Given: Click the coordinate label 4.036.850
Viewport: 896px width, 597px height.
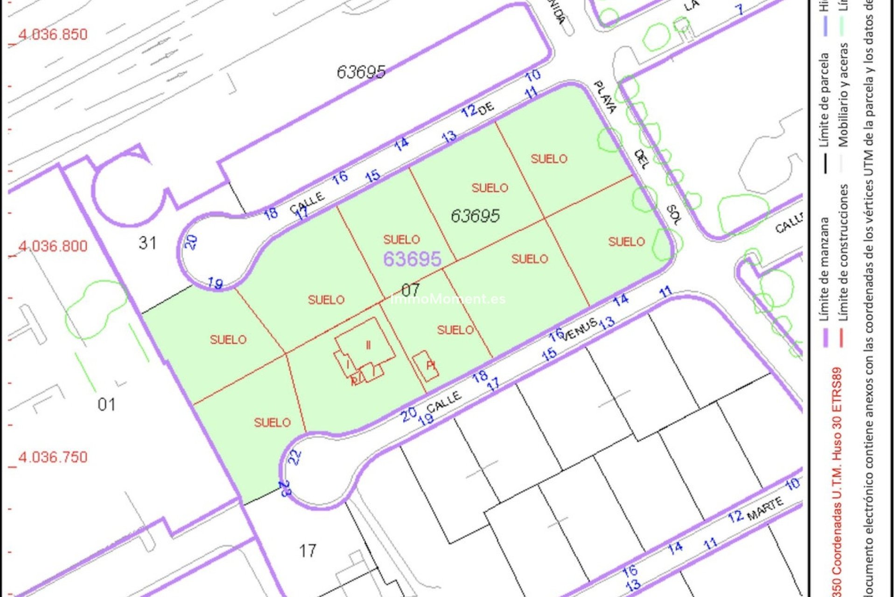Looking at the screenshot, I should click(x=53, y=35).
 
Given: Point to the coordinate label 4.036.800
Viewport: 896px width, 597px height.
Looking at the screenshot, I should click(x=53, y=246).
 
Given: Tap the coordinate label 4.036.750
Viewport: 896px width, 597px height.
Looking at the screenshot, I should click(x=53, y=457).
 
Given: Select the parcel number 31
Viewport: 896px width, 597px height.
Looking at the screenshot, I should click(x=147, y=243).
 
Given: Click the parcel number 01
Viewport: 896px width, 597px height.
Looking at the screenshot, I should click(x=107, y=404).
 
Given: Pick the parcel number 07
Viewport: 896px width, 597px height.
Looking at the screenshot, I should click(x=410, y=290).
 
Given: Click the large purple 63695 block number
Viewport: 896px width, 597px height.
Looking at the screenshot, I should click(x=412, y=259).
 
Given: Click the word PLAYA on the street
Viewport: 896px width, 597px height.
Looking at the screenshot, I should click(x=605, y=97).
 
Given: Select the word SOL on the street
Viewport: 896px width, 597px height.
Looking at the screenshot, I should click(x=673, y=215).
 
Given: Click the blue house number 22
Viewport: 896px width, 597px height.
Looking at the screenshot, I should click(x=294, y=457).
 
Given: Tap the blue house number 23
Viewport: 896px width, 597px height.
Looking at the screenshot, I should click(x=285, y=489).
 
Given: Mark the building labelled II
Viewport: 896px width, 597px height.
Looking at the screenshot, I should click(x=368, y=345).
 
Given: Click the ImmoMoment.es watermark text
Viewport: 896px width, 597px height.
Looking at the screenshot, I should click(x=448, y=299).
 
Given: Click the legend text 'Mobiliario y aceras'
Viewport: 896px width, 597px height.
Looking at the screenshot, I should click(x=843, y=95).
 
